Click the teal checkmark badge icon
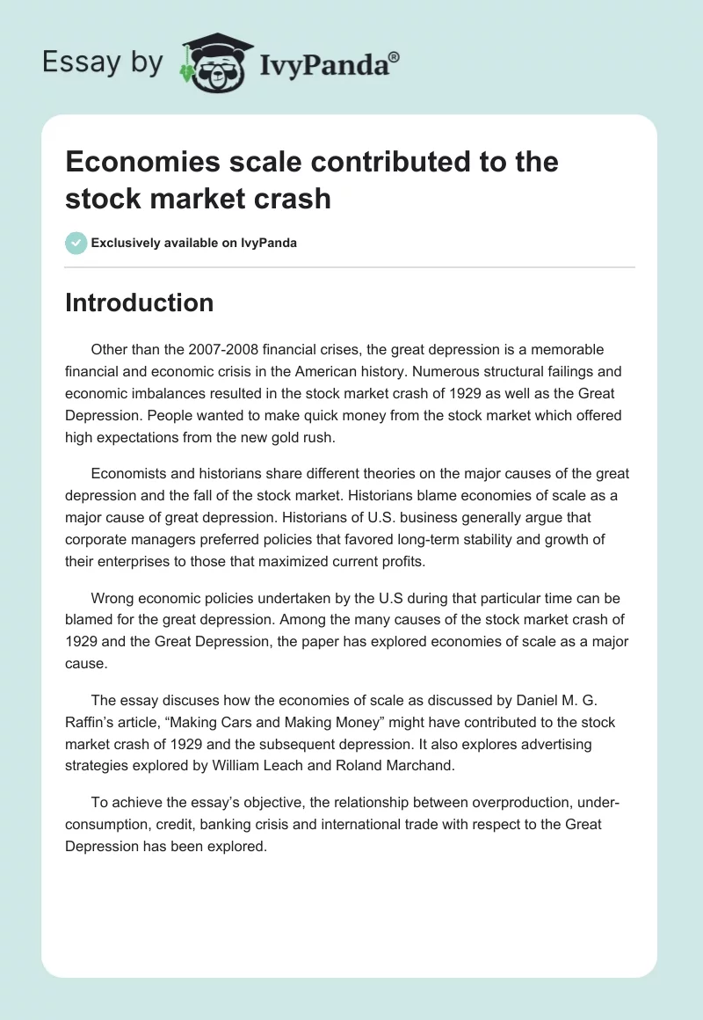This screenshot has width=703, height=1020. [76, 243]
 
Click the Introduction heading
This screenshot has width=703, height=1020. [139, 302]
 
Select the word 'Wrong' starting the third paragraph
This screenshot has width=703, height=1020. [112, 598]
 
